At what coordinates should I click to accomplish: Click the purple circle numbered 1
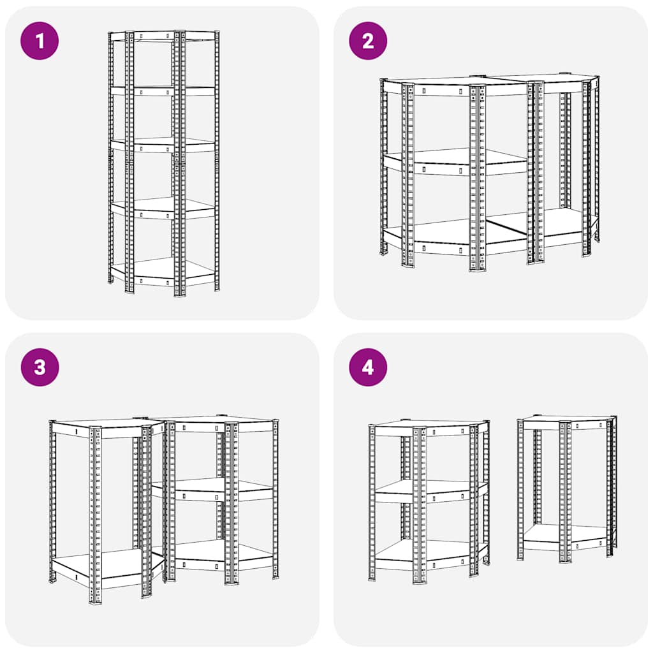(40, 41)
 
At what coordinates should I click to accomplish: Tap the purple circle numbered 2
(368, 41)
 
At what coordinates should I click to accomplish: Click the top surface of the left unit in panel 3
(102, 423)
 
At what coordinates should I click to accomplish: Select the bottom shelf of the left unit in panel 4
(434, 552)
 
